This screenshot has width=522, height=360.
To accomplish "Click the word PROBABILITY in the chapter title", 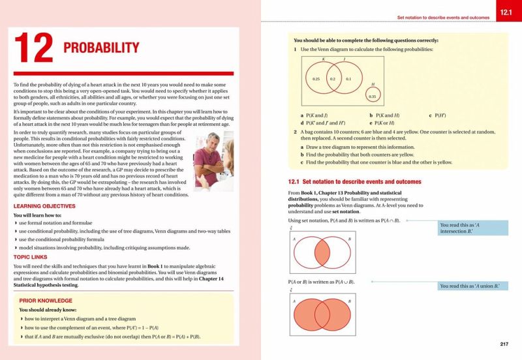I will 101,48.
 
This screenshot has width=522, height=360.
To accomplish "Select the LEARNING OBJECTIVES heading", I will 44,206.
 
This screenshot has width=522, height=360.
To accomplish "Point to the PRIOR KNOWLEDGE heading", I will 48,301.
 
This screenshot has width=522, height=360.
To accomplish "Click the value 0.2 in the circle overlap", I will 332,78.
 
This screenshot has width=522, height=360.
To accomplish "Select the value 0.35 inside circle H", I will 373,97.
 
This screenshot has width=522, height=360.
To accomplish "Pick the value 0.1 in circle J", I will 348,78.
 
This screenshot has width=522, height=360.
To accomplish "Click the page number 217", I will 504,344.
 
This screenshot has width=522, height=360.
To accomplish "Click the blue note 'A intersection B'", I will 473,228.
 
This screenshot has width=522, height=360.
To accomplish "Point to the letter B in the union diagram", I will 349,301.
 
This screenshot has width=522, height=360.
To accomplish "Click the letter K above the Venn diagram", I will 324,59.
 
